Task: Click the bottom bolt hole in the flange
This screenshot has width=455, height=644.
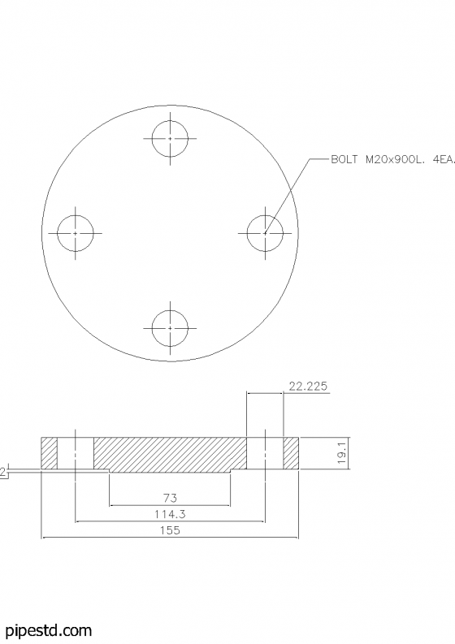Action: (170, 327)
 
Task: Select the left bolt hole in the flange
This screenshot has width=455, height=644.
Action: (75, 233)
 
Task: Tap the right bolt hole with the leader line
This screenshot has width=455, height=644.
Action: (265, 233)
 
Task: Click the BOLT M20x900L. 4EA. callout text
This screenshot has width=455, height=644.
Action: (391, 161)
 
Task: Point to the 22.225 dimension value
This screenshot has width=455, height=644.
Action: (308, 387)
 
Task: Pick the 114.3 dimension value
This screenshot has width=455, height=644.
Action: (170, 514)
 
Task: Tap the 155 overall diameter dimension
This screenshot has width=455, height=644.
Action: (170, 530)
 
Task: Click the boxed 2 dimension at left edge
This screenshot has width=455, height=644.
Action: (2, 472)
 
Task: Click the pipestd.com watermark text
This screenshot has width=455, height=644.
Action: (48, 630)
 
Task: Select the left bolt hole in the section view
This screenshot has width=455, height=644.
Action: (75, 453)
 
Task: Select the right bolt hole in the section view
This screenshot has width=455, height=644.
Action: (265, 453)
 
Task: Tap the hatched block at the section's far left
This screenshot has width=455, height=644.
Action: (49, 453)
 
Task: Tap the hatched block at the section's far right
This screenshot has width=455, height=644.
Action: (291, 453)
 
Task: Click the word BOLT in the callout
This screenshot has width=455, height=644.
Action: (344, 161)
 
